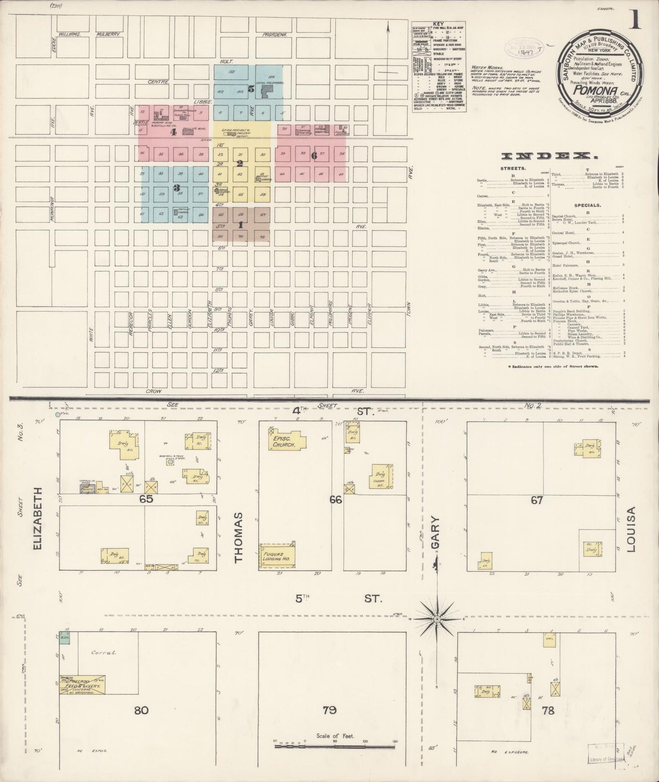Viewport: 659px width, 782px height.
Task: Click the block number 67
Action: pos(537,500)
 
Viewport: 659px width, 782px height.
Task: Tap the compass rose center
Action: pos(437,619)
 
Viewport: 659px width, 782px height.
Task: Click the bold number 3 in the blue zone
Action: pos(176,188)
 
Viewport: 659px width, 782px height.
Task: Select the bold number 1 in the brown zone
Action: pos(241,225)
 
